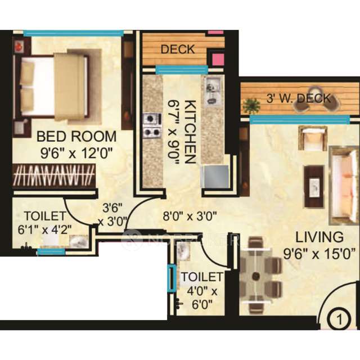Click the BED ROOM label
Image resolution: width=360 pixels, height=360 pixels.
point(76,137)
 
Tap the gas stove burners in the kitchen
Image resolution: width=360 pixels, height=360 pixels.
point(151,125)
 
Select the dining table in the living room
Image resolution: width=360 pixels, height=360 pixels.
point(256,276)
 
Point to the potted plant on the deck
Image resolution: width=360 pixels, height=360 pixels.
point(251,105)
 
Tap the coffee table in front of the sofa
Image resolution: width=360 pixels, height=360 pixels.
point(313,185)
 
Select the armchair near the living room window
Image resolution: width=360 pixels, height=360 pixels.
point(312,138)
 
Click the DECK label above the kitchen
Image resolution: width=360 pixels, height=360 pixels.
point(178,49)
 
